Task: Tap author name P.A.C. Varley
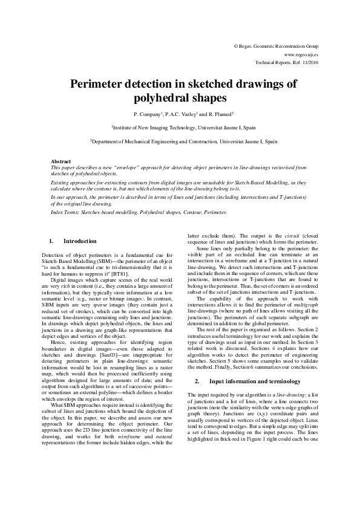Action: pos(169,113)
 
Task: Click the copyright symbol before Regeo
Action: pos(235,46)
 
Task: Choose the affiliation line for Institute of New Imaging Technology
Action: pos(180,128)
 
